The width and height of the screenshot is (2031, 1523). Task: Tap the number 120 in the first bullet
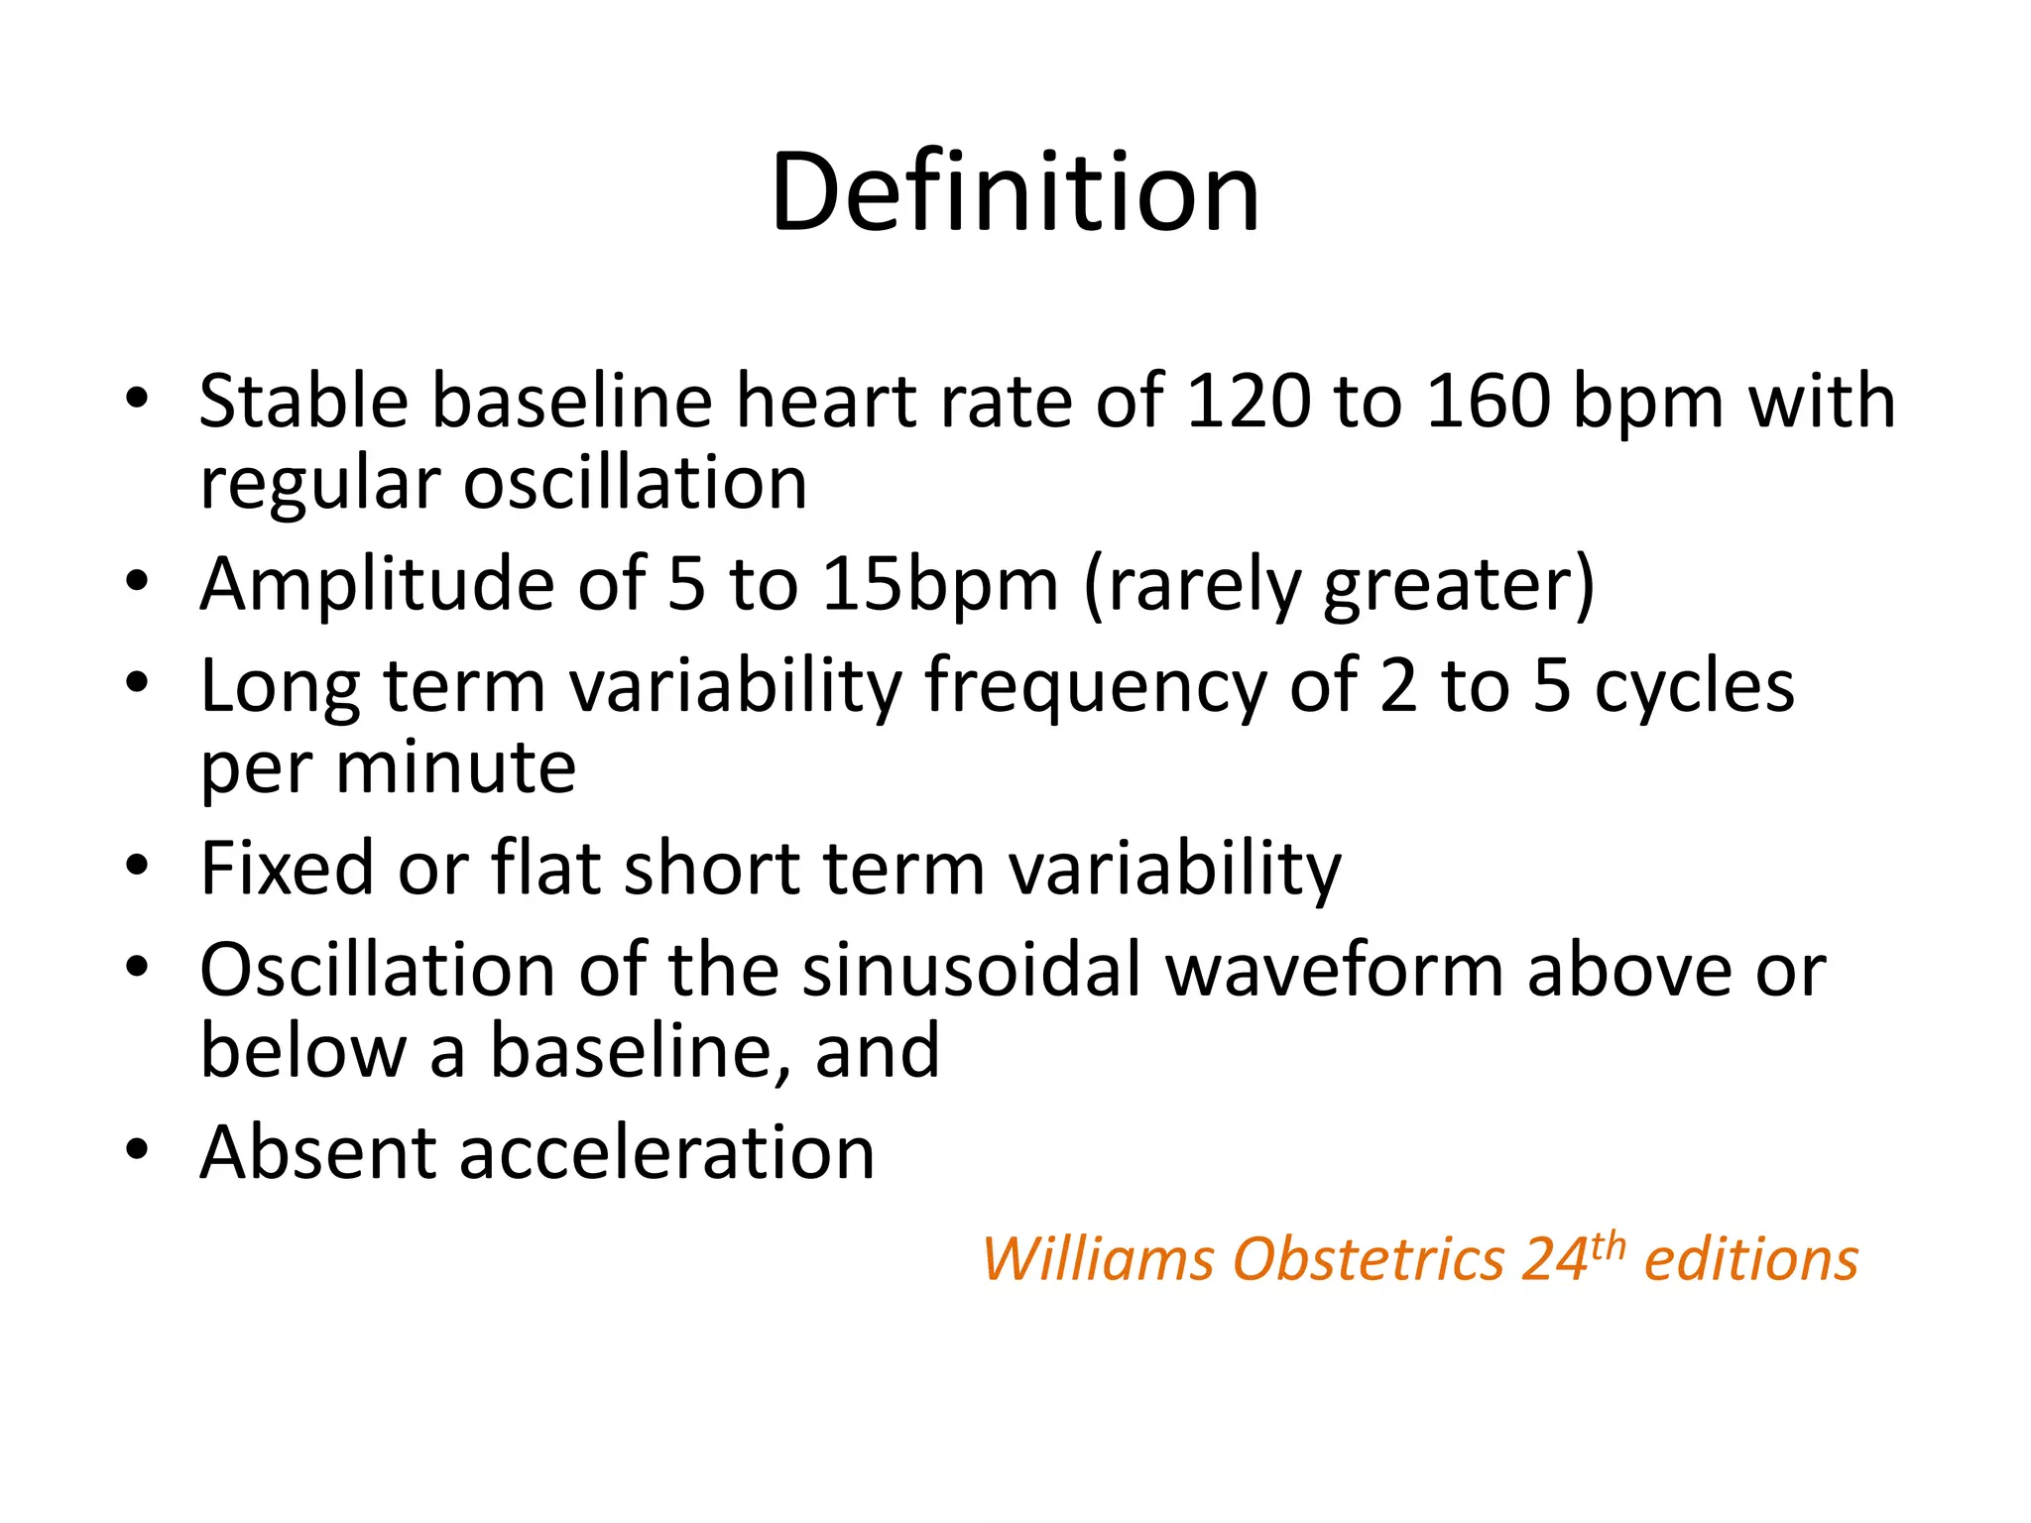click(1248, 402)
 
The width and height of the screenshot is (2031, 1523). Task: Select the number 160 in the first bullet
click(1488, 402)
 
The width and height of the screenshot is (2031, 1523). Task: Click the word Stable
click(303, 402)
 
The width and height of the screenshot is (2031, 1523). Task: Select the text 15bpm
click(940, 585)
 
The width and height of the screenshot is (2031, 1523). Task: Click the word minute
click(455, 767)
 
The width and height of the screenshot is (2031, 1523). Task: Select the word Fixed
click(287, 869)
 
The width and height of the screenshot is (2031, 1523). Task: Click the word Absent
click(317, 1152)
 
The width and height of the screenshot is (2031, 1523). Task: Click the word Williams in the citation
click(1097, 1259)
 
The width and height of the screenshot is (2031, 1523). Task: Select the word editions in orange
click(1750, 1259)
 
